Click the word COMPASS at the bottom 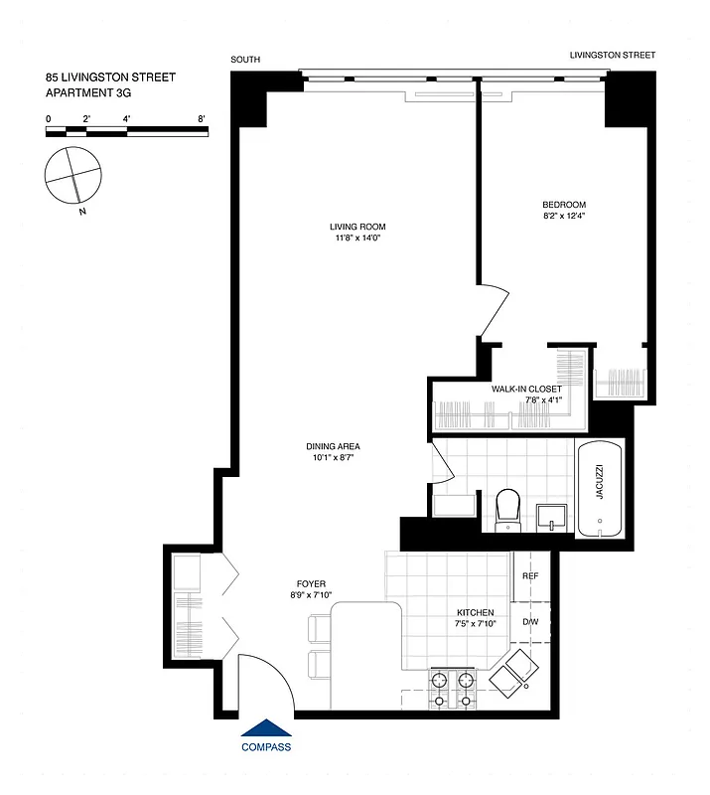pos(267,747)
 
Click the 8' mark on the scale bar pos(201,119)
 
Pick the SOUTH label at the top pos(245,60)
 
